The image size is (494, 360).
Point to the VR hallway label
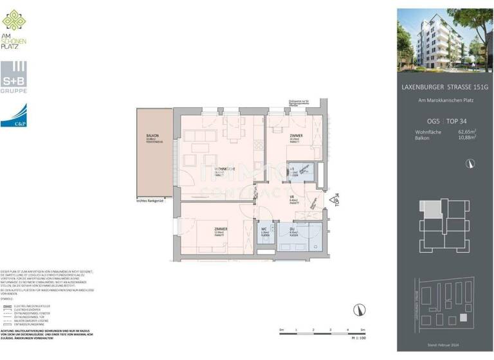(x=291, y=198)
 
